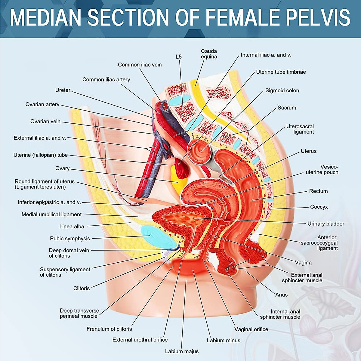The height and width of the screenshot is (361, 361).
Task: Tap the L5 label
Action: pyautogui.click(x=179, y=57)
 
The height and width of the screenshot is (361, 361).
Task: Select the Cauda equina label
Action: pyautogui.click(x=209, y=54)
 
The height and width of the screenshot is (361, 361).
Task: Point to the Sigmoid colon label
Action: pyautogui.click(x=282, y=91)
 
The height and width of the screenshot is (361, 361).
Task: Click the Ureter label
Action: pyautogui.click(x=63, y=90)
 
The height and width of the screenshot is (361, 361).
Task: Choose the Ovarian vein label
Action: pyautogui.click(x=45, y=122)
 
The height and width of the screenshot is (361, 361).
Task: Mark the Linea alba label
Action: pyautogui.click(x=72, y=227)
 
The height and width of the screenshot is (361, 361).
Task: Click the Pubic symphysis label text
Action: pyautogui.click(x=70, y=239)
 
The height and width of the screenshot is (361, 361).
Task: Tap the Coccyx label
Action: pyautogui.click(x=319, y=207)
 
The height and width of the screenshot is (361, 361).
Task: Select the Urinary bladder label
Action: pyautogui.click(x=326, y=224)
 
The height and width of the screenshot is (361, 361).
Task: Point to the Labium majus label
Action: pyautogui.click(x=182, y=351)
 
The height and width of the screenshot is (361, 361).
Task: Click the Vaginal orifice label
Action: pyautogui.click(x=251, y=329)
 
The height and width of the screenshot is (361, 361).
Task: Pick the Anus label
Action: pyautogui.click(x=281, y=295)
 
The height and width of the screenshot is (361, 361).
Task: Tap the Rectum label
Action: pyautogui.click(x=318, y=191)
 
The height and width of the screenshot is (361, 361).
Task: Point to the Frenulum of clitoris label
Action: pyautogui.click(x=109, y=329)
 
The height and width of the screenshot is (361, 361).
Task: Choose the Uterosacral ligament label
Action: pyautogui.click(x=300, y=129)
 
